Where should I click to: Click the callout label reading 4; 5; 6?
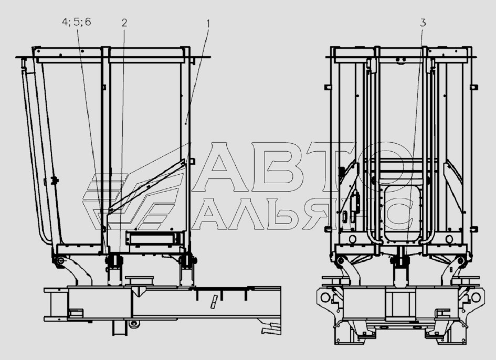tap(76, 22)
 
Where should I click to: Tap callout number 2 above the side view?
tap(124, 23)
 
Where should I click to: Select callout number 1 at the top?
tap(208, 24)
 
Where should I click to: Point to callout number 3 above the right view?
tap(423, 23)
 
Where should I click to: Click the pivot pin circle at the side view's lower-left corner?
tap(60, 261)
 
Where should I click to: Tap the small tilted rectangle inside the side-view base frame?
tap(214, 301)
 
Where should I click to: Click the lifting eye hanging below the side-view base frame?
tap(134, 323)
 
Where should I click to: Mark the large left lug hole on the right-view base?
tap(325, 297)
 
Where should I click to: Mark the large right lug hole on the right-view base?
tap(476, 297)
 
